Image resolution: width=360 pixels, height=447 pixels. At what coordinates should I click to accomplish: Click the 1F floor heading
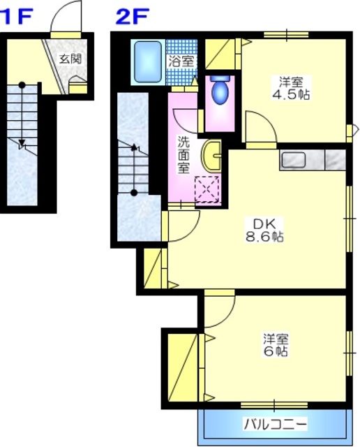coord(18,15)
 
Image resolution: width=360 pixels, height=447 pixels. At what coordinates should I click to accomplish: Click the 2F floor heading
coord(130,15)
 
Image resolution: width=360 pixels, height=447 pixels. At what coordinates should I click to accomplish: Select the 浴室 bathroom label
coord(181,60)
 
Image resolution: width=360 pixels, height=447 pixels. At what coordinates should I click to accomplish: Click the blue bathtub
coord(146,62)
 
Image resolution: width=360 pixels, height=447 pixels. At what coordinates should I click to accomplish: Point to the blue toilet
coord(220,91)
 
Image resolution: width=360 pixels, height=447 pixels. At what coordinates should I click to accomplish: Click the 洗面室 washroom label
coord(183,154)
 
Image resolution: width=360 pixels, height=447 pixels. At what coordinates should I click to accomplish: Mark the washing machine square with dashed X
coord(207,189)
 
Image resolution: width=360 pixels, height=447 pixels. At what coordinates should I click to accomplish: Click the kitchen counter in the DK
coord(312,160)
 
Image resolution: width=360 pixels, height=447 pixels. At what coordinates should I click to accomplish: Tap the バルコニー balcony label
coord(275,424)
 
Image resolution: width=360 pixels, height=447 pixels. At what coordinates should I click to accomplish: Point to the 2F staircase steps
coord(133,168)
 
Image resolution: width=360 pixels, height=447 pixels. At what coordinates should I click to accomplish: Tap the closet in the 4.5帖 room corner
coord(223,53)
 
